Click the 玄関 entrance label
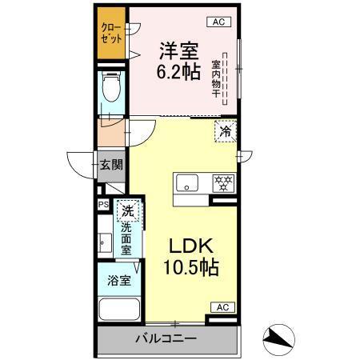point(111,166)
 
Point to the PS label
point(103,205)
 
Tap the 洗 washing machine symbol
point(127,211)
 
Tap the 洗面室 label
point(126,238)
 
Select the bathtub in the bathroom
point(118,310)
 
